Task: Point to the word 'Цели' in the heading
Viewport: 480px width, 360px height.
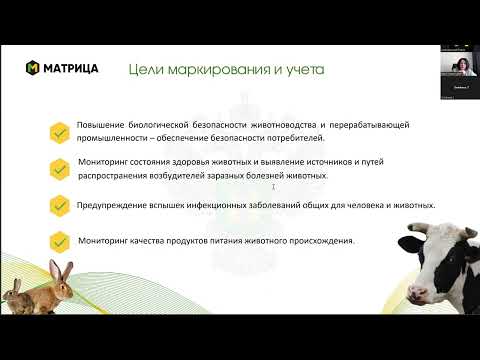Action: [148, 69]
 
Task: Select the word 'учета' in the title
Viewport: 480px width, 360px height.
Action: [303, 69]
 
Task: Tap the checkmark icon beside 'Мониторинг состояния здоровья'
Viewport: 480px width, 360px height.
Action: [59, 167]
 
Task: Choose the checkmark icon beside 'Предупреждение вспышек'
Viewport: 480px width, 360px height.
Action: [59, 204]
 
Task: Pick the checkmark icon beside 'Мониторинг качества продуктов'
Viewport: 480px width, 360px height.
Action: [59, 241]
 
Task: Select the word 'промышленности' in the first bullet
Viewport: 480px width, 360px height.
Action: [112, 138]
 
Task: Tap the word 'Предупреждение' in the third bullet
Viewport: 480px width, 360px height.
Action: [108, 204]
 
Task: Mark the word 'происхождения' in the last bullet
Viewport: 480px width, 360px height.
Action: [324, 241]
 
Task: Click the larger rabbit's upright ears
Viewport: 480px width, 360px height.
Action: [50, 265]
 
